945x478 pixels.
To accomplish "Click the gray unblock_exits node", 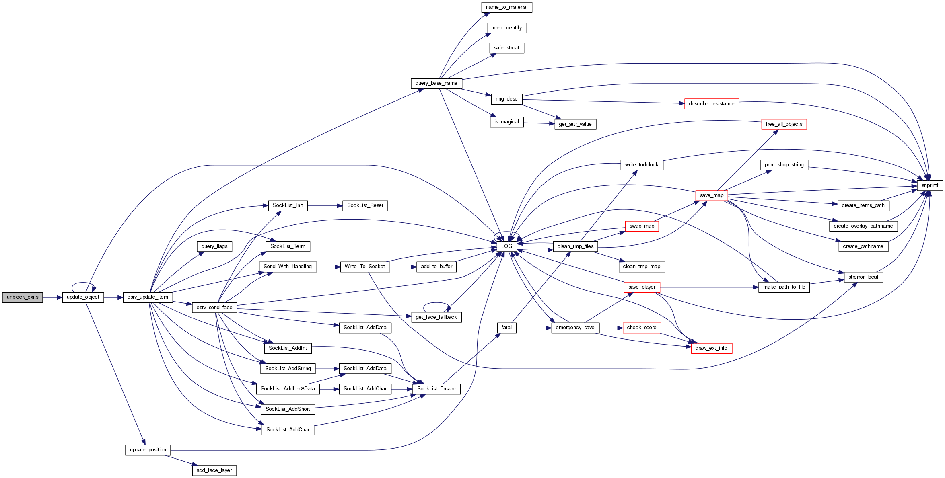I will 23,297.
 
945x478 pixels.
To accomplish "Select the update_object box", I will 83,297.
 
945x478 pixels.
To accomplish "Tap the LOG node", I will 506,246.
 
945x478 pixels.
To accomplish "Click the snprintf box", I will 930,185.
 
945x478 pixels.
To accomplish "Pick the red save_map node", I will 711,195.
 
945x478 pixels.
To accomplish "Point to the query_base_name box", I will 436,83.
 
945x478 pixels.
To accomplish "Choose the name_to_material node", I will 506,7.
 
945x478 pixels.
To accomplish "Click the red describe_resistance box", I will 711,104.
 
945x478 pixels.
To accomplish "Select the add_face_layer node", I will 214,470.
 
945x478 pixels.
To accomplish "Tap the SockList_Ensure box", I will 436,389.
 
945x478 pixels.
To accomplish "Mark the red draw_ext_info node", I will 711,348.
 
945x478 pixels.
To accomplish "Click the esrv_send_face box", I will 214,308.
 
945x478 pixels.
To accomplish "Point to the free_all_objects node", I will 784,124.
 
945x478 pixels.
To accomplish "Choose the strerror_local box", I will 863,277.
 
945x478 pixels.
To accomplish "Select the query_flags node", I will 214,246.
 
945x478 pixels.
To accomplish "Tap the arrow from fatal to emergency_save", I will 533,328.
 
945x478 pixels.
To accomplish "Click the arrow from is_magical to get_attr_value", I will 539,123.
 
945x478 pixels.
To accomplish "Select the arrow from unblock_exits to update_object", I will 52,297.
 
